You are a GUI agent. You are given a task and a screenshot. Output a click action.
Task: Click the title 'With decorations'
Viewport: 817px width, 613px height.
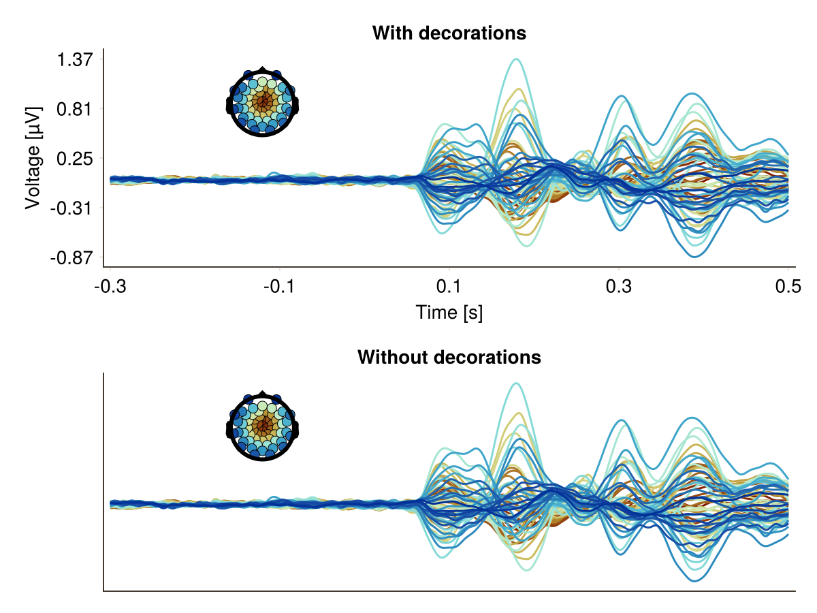(x=449, y=33)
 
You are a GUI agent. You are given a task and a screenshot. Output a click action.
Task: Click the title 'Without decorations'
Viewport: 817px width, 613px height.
(x=449, y=357)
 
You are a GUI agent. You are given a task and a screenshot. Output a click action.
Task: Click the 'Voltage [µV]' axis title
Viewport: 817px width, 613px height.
(x=33, y=158)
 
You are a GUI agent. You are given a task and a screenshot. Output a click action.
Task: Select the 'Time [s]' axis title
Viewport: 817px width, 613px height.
(x=449, y=313)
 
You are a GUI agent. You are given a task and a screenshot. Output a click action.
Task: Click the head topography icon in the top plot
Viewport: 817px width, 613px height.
(x=263, y=103)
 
